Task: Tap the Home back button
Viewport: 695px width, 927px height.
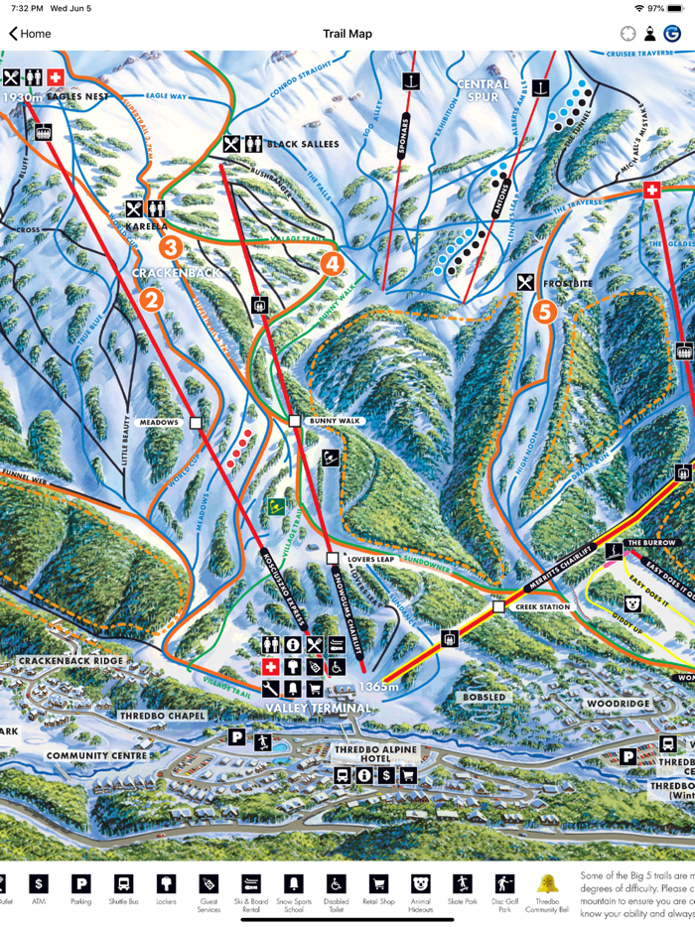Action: coord(30,34)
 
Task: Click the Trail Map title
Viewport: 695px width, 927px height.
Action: coord(347,34)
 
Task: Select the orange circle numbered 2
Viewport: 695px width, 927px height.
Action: coord(151,299)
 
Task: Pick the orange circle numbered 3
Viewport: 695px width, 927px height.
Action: coord(171,247)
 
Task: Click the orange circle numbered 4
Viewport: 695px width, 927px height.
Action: coord(333,263)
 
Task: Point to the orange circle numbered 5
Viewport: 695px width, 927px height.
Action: coord(544,312)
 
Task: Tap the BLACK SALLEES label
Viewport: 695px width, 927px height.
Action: coord(302,144)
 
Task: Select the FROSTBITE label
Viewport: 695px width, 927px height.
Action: coord(567,284)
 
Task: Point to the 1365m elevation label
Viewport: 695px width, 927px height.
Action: coord(379,687)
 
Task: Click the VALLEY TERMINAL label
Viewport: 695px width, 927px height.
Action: coord(318,708)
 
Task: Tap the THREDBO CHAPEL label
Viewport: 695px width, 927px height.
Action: coord(162,716)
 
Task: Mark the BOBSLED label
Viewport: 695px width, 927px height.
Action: coord(484,698)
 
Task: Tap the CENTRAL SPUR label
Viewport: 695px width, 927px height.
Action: coord(483,91)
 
